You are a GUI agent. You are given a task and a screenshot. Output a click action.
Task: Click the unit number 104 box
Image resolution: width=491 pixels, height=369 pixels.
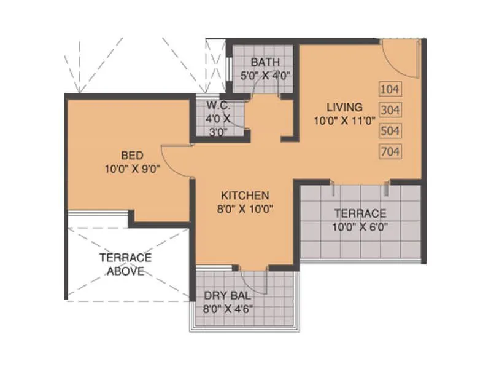pos(390,89)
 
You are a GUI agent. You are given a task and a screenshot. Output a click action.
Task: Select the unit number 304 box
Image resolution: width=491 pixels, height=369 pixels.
pos(390,110)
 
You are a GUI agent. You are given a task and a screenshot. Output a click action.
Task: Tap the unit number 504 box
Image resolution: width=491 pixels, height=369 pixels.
pos(390,130)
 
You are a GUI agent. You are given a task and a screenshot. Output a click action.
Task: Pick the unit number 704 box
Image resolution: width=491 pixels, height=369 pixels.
pos(390,151)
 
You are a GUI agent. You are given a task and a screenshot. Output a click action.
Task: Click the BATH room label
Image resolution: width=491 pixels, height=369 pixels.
pos(265,62)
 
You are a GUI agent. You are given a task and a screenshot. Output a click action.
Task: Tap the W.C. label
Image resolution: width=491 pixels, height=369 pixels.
pos(217,105)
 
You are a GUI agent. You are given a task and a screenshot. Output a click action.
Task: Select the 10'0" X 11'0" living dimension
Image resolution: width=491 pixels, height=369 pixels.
pos(344,121)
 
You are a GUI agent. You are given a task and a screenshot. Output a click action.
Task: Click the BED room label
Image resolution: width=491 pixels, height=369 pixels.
pos(132,155)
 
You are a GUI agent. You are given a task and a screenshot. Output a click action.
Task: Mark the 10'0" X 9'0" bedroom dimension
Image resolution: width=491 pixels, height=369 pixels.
pos(132,169)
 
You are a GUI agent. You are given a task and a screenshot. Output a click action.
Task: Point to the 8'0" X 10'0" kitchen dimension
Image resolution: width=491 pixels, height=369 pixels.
pos(245,209)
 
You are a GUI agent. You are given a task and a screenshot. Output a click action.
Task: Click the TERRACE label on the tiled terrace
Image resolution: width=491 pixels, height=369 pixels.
pos(360,214)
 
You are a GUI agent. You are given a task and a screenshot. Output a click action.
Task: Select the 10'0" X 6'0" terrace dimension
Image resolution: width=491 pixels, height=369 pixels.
pos(360,227)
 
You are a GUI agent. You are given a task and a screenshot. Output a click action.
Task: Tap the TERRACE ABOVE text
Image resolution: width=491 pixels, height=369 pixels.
pos(125,264)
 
